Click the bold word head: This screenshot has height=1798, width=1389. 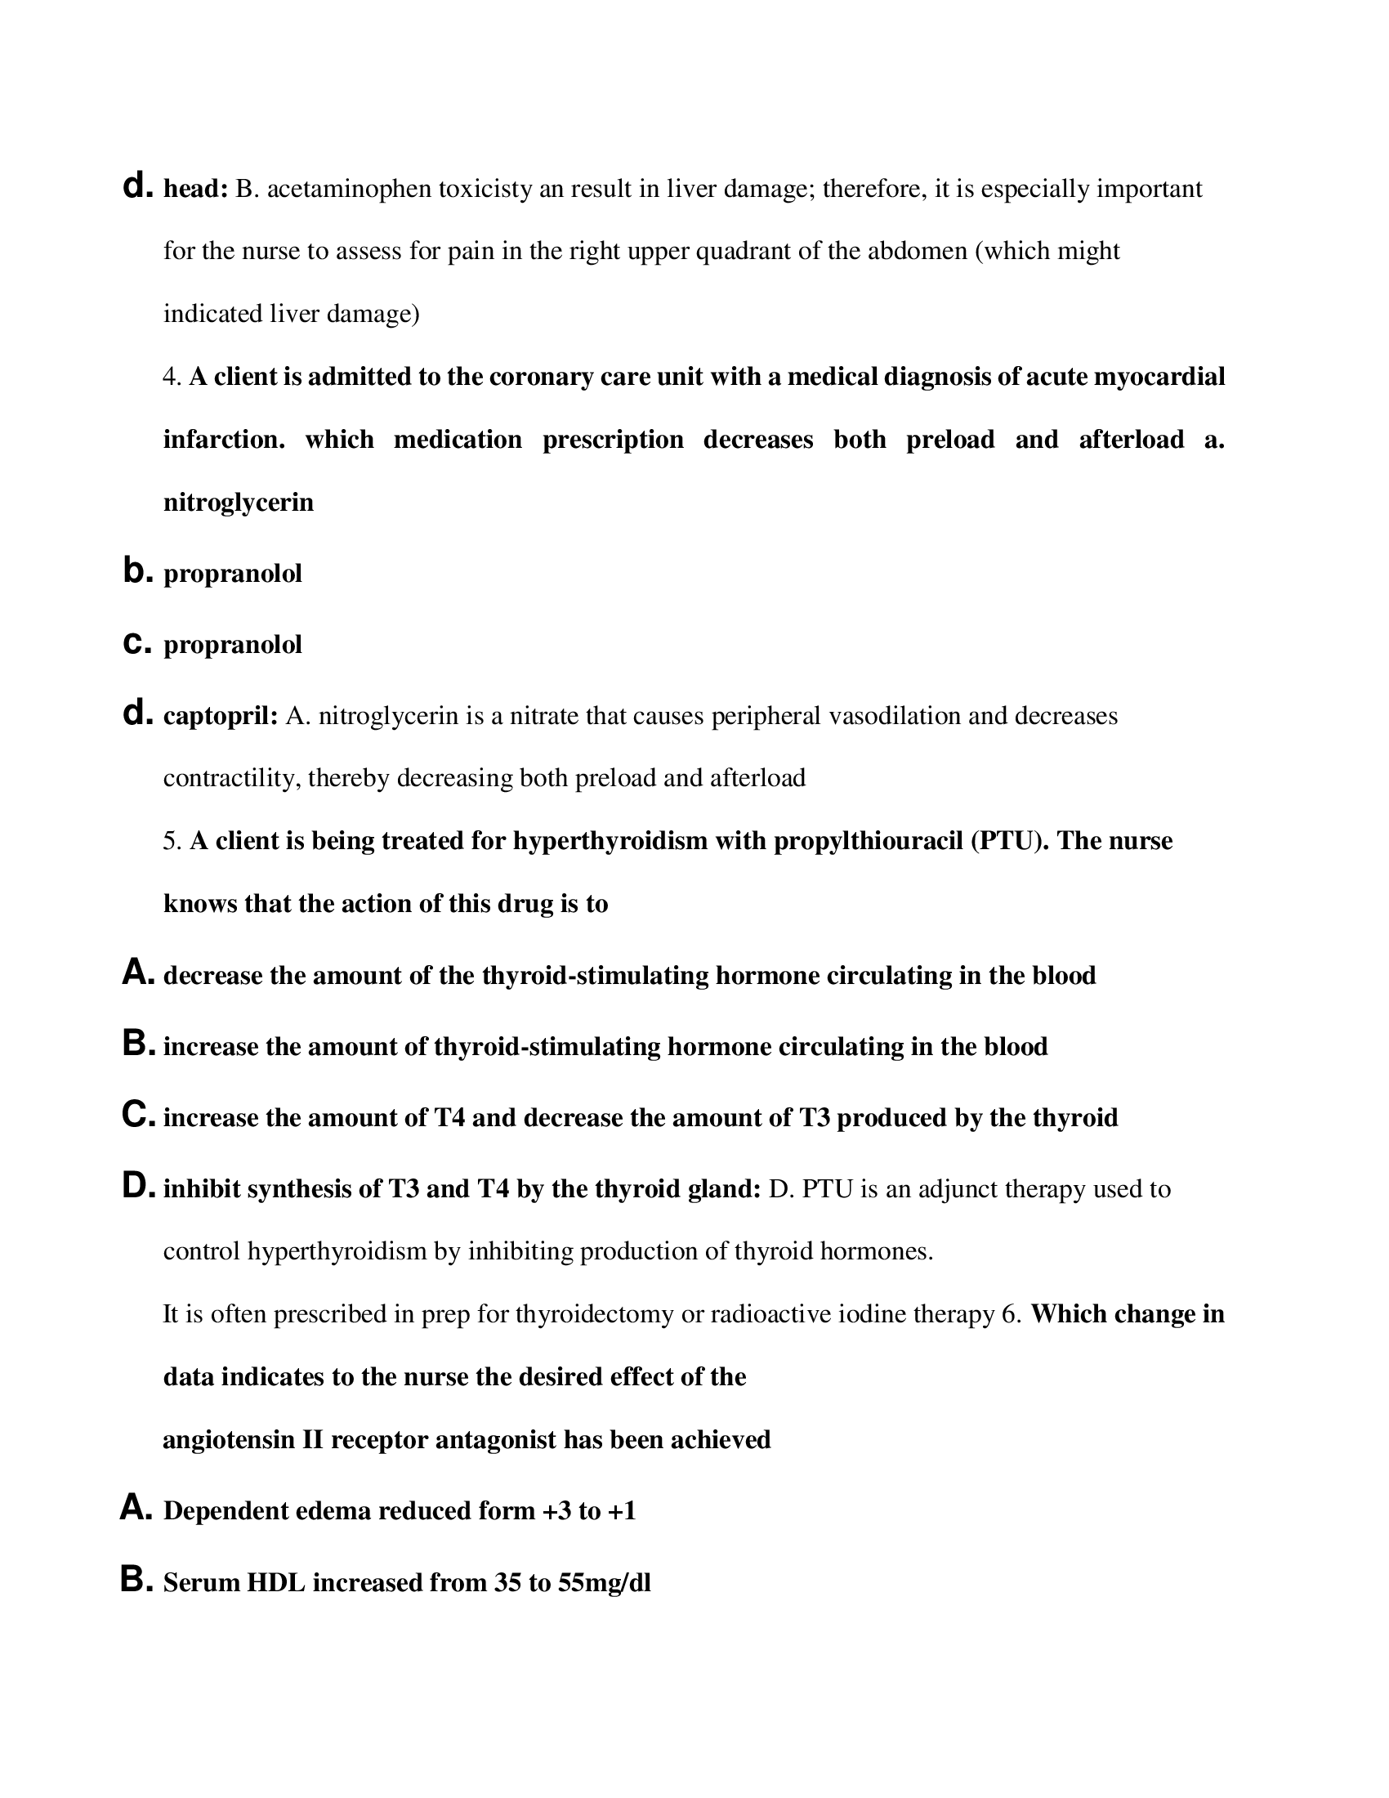click(196, 190)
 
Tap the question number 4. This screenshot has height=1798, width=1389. click(170, 377)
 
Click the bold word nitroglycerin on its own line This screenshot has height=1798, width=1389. click(239, 502)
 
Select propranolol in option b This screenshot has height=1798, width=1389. click(233, 574)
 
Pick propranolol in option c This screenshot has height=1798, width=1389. click(233, 645)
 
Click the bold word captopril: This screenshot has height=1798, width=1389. click(221, 716)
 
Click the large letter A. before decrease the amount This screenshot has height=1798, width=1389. click(137, 973)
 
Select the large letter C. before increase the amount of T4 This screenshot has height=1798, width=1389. click(137, 1116)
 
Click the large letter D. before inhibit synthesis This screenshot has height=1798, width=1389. click(137, 1187)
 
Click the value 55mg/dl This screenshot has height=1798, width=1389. click(604, 1583)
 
